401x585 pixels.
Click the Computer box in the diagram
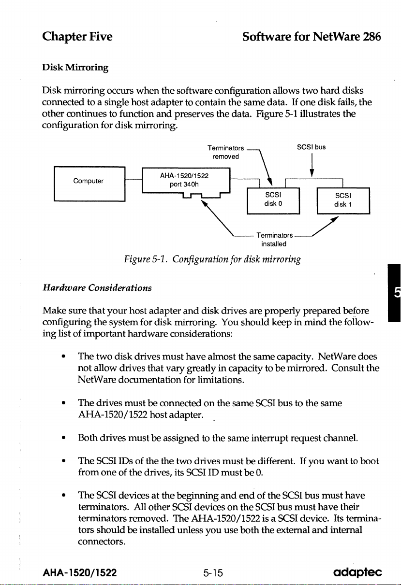89,182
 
